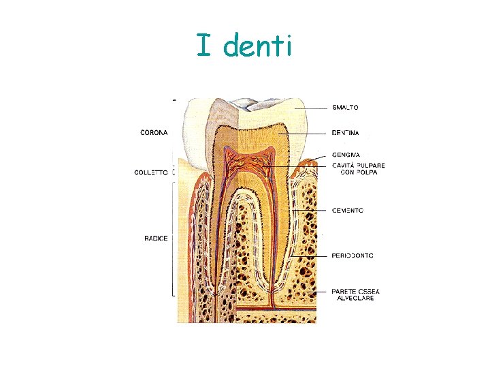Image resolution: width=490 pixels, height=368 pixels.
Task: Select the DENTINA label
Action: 346,133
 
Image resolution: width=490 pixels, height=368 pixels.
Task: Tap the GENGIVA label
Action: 345,155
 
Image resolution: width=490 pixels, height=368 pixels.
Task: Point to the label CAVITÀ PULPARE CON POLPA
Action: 358,168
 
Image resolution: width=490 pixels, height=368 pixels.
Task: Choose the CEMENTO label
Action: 347,211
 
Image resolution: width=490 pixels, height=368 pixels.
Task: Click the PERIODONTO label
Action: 353,256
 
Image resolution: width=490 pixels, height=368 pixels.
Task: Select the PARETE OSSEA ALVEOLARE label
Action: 355,295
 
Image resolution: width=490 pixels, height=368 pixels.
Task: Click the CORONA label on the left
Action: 154,132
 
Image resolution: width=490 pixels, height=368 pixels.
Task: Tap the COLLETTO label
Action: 151,172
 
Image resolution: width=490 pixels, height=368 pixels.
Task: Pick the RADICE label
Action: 156,238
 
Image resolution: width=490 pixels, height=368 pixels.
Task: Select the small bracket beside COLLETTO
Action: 174,170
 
